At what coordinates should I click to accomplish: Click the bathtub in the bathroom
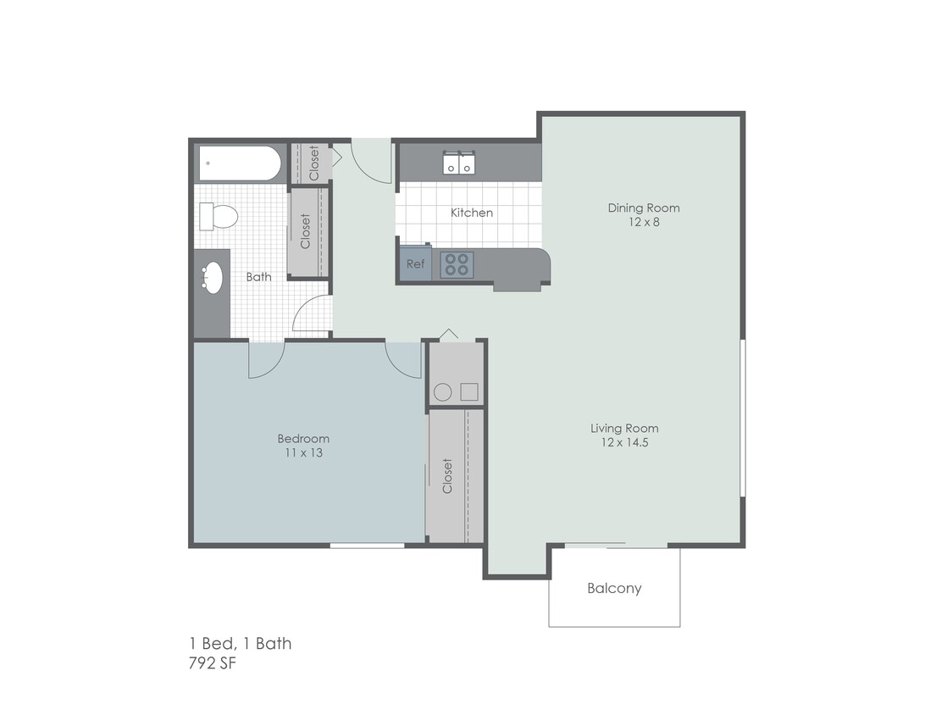click(240, 163)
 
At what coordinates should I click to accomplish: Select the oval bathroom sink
click(213, 278)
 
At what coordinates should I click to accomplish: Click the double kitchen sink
click(460, 163)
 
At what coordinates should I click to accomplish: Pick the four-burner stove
click(457, 265)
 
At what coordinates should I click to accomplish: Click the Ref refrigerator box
click(415, 263)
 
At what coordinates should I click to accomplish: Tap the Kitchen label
click(471, 213)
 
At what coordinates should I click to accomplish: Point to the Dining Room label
click(643, 208)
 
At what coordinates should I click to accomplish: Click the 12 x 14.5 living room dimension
click(624, 442)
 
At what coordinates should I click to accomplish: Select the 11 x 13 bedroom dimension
click(303, 452)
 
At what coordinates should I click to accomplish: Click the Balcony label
click(614, 588)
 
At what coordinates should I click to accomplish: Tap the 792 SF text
click(212, 663)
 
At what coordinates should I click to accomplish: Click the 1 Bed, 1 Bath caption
click(240, 644)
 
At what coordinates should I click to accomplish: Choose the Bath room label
click(258, 277)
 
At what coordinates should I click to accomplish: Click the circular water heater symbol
click(442, 392)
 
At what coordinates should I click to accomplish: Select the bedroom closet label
click(447, 476)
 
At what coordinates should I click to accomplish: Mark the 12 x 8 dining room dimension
click(643, 223)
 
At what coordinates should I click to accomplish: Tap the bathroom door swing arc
click(312, 314)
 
